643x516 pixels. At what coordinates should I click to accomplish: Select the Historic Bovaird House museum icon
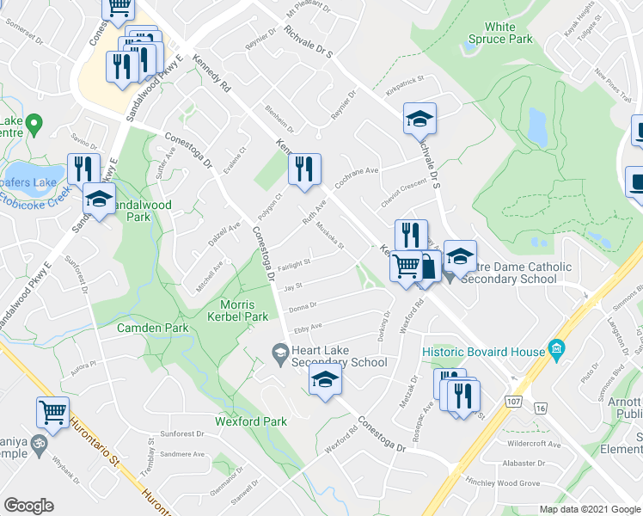(556, 350)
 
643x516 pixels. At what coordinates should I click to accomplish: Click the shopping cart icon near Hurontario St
(52, 413)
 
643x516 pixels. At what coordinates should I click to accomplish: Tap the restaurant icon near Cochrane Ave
(304, 169)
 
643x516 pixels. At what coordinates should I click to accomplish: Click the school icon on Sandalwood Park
(100, 200)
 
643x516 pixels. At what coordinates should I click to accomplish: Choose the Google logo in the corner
(29, 506)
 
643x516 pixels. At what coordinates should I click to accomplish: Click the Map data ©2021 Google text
(590, 509)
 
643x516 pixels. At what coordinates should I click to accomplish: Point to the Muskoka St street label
(329, 235)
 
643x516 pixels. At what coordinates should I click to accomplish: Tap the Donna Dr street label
(303, 305)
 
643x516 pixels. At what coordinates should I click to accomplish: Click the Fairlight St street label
(294, 262)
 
